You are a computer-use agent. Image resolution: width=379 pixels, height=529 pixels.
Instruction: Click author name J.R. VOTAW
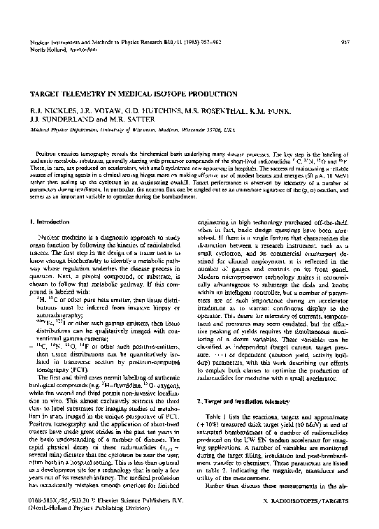click(89, 110)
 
